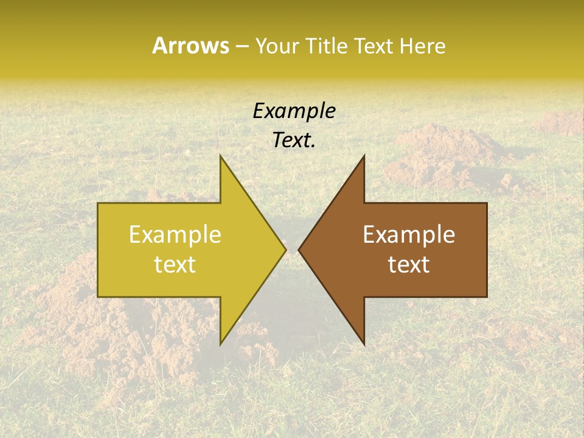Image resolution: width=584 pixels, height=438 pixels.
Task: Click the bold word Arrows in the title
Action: point(191,46)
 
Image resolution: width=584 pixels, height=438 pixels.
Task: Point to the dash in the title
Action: point(242,47)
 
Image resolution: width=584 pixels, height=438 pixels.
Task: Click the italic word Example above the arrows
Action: point(294,111)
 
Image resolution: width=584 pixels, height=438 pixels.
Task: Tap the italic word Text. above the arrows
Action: point(294,140)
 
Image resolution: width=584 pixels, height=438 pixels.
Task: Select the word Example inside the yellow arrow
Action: point(175,235)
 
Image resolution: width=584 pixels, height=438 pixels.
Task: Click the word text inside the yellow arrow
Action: point(175,265)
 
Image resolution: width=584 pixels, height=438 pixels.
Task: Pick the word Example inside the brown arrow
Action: point(409,235)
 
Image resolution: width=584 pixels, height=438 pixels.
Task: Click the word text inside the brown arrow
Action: point(409,265)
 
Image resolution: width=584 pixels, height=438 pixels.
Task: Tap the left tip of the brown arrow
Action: point(299,249)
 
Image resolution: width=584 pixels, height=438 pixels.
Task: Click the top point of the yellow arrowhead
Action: point(221,156)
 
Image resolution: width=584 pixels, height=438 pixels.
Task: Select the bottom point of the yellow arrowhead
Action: point(221,344)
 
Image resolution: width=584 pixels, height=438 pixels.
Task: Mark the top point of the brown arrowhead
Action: point(364,156)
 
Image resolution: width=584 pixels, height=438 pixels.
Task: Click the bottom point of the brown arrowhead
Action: point(364,344)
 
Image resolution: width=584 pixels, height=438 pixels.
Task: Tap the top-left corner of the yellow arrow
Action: point(99,204)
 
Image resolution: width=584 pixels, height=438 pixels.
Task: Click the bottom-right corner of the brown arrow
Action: point(487,296)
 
